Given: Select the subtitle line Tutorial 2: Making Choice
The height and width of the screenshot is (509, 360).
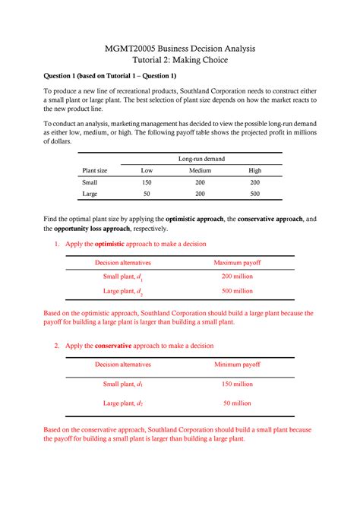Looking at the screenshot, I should (x=180, y=60).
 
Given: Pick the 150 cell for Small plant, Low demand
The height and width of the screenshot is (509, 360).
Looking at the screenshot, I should (x=147, y=183).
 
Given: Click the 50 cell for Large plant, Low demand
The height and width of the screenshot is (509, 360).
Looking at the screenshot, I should (x=147, y=194).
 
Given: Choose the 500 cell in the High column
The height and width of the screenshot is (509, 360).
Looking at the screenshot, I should (x=254, y=194).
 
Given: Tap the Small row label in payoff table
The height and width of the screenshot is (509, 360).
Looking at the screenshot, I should (x=90, y=183).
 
